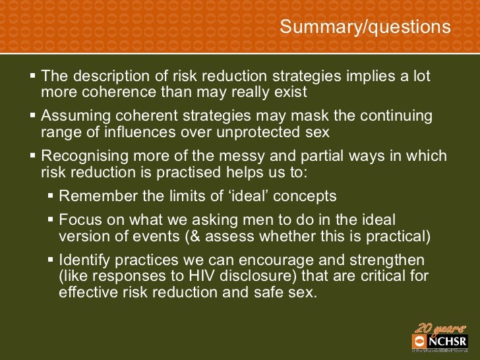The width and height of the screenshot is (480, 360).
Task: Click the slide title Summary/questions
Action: (365, 27)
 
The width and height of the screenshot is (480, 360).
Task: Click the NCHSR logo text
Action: (447, 341)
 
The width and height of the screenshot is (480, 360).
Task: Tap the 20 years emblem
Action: (436, 327)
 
